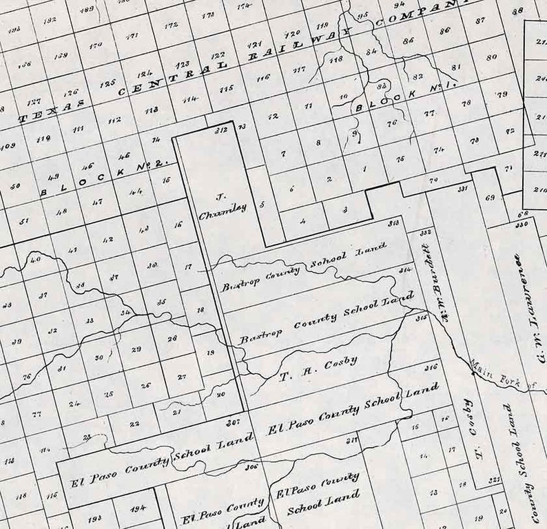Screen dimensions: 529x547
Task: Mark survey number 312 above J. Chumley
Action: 221,130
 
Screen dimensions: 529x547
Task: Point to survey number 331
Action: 463,187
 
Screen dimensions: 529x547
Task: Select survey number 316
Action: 431,368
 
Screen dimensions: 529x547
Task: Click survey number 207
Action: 232,420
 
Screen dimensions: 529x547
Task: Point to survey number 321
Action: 493,478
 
